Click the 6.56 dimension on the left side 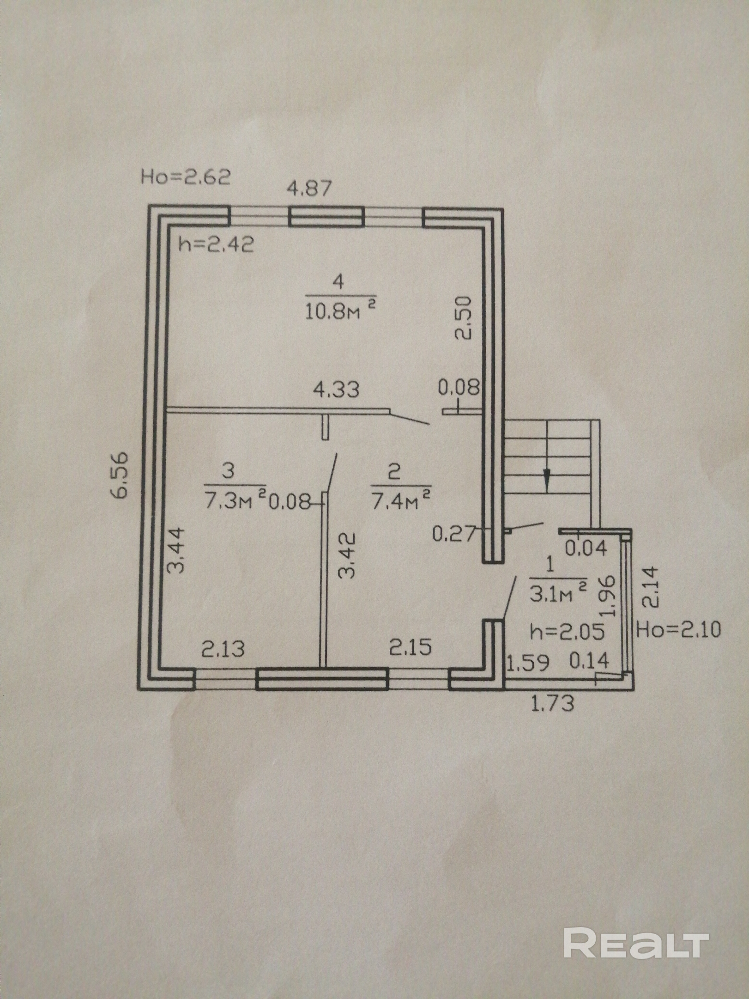(122, 474)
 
